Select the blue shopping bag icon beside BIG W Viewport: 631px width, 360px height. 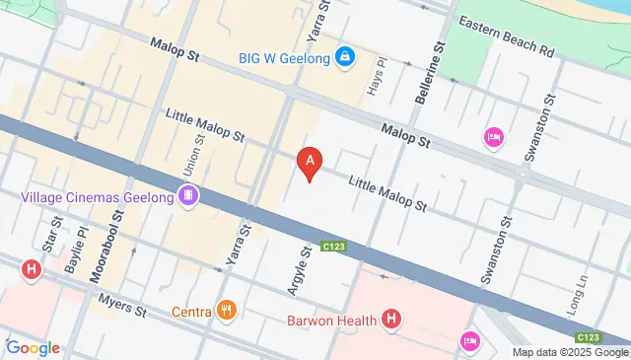(344, 56)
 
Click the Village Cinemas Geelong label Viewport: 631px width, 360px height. (97, 197)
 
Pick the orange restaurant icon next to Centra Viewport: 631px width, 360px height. (228, 312)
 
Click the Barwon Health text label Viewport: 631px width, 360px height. (332, 320)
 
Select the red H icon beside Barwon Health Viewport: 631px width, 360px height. (392, 319)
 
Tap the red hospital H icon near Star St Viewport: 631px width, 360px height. (33, 268)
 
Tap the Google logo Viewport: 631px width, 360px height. (33, 347)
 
